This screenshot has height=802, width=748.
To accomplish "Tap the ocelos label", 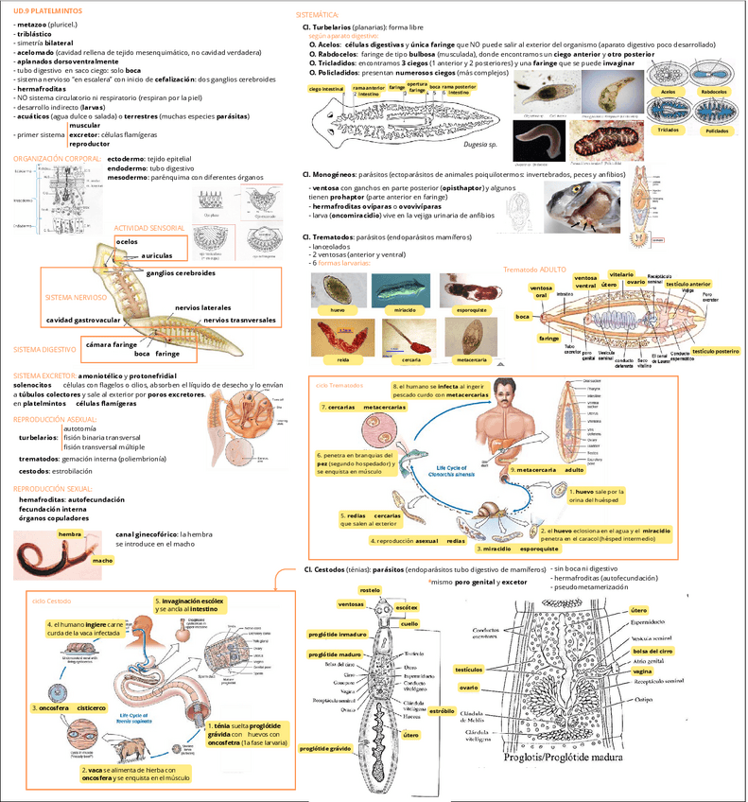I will coord(127,242).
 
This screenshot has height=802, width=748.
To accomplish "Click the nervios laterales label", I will coord(202,308).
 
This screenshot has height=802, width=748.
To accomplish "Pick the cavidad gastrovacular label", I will coord(83,320).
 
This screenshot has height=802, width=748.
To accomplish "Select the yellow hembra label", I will coord(70,534).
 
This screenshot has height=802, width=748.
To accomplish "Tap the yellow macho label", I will coord(103,561).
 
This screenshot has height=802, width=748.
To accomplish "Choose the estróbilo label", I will coord(442,710).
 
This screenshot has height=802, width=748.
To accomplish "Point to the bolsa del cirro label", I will coord(652,651).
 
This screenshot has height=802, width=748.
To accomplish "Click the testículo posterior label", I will coord(715,351).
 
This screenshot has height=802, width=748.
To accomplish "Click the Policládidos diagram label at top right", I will coord(717,131).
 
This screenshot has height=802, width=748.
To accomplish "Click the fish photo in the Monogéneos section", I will coord(581,206).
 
